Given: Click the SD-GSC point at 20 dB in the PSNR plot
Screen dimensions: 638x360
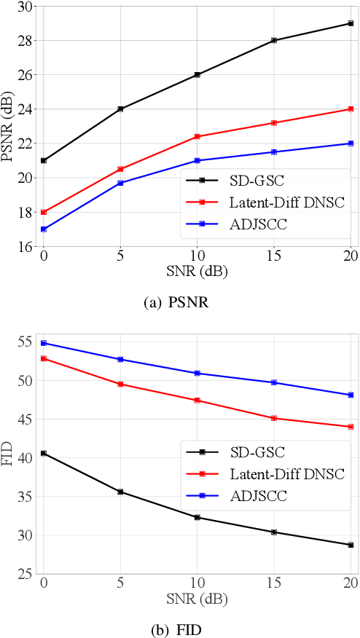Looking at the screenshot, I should [351, 23].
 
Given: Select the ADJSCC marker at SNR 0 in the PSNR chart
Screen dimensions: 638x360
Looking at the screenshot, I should [44, 229].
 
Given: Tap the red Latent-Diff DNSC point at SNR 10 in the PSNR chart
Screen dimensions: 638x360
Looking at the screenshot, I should [197, 136].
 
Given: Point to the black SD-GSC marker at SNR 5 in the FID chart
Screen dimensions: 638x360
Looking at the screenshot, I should [120, 492].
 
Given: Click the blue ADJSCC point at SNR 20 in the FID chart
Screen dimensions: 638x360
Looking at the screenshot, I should [351, 395].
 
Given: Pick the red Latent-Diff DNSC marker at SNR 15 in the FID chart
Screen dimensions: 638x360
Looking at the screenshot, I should [274, 418].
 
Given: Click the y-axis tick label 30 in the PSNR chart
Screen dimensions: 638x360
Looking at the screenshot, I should [26, 7].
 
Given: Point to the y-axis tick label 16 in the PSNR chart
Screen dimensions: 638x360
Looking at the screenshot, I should [26, 246].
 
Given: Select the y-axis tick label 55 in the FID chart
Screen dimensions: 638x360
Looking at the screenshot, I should [26, 342].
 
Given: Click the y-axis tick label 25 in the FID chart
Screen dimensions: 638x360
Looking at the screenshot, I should [26, 574].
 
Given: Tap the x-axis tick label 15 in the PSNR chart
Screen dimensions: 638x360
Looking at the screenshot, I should [274, 256].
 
